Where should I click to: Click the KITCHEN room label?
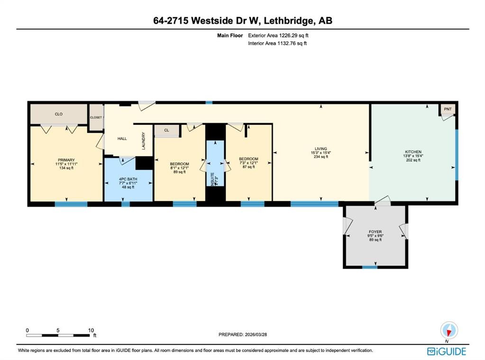click(x=413, y=152)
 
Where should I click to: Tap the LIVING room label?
click(x=320, y=148)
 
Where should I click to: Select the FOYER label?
click(x=375, y=232)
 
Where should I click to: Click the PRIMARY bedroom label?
click(x=66, y=160)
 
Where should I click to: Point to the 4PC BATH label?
click(x=128, y=179)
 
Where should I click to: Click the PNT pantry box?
click(x=448, y=109)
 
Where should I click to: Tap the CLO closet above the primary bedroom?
click(x=58, y=114)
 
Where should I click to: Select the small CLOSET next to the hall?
click(x=96, y=117)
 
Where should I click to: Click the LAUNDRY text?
click(x=143, y=141)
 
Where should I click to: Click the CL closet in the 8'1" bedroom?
click(x=166, y=130)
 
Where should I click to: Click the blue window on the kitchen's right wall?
click(x=457, y=154)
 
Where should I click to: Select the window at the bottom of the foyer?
click(x=370, y=267)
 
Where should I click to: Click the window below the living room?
click(x=314, y=204)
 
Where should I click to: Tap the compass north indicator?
click(x=448, y=330)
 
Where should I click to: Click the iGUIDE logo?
click(x=447, y=351)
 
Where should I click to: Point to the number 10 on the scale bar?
click(x=91, y=330)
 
